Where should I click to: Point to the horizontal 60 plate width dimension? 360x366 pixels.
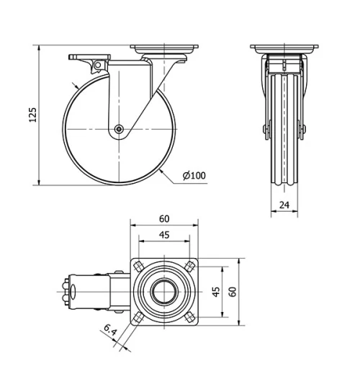[x=165, y=218]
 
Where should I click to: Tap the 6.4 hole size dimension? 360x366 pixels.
[x=109, y=332]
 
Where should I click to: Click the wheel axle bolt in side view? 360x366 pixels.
[x=118, y=130]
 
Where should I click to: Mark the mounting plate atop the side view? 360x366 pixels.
[x=165, y=50]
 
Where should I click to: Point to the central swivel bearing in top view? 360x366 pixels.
[x=165, y=293]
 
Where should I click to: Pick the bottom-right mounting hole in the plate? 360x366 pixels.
[x=188, y=317]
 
